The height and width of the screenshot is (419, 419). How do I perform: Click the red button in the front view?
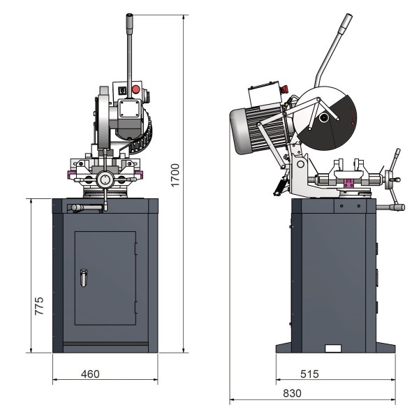135,89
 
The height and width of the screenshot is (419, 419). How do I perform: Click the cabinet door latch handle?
84,278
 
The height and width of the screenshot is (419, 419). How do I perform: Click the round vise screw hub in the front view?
105,179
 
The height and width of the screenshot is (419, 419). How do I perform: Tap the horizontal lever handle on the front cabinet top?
84,207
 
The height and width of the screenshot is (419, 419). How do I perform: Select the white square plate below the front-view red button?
128,109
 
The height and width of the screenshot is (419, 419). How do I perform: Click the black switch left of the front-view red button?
123,90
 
